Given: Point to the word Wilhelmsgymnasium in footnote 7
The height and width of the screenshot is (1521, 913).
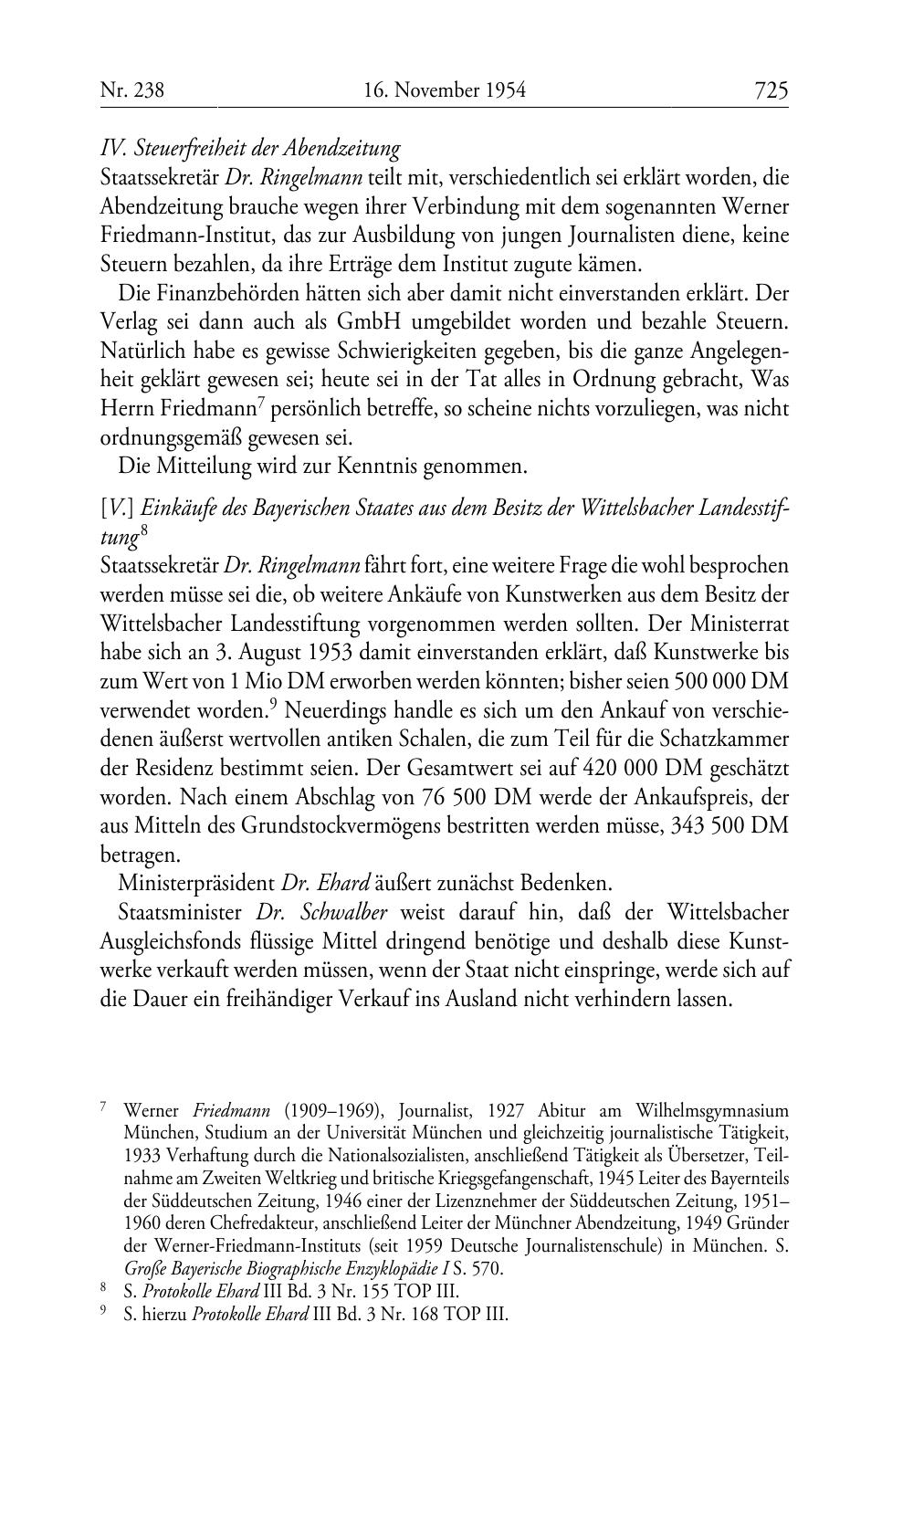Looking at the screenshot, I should pyautogui.click(x=709, y=1111).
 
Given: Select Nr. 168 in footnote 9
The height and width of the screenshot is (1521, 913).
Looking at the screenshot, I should pyautogui.click(x=440, y=1315).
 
